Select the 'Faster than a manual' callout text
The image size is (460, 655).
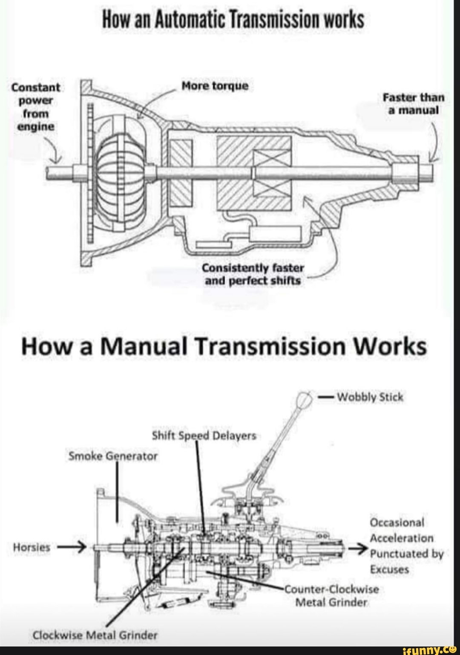tap(414, 104)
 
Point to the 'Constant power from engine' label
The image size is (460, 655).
tap(35, 107)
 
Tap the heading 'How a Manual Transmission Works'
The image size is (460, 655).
tap(224, 347)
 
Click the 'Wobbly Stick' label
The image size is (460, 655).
tap(370, 397)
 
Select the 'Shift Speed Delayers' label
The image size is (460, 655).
tap(204, 436)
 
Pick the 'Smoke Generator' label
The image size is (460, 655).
tap(113, 456)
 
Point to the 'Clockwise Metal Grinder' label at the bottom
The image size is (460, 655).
tap(95, 635)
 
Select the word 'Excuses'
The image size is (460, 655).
tap(389, 569)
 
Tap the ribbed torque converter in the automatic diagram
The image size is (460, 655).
tap(119, 174)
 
